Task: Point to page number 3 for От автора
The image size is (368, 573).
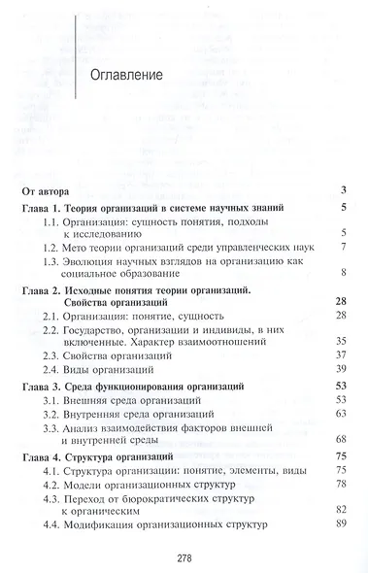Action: tap(344, 190)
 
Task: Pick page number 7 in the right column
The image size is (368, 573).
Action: tap(344, 249)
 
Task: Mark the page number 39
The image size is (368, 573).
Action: tap(341, 372)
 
